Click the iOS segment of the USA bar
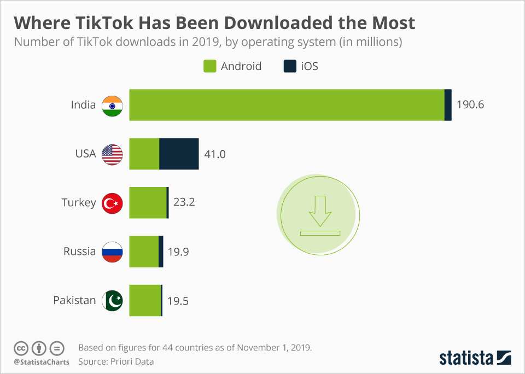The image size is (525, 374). tap(179, 154)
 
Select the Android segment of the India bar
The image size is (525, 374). tap(287, 104)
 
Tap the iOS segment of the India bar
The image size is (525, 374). tap(448, 104)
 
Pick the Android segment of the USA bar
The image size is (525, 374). tap(144, 154)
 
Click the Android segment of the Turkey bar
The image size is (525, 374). tap(148, 202)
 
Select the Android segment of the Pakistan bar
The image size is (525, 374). tap(145, 300)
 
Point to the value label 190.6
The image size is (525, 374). tap(470, 104)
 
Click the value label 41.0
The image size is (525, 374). tap(215, 154)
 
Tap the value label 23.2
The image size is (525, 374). tap(184, 202)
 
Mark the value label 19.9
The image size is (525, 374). tap(178, 252)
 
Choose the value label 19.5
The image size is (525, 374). tap(178, 300)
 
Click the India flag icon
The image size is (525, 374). tap(113, 105)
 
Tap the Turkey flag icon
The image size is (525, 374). tap(113, 203)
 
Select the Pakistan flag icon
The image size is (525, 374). tap(113, 301)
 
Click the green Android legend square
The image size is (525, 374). tap(210, 66)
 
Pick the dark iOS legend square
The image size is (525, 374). tap(290, 66)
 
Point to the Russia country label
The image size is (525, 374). tap(80, 252)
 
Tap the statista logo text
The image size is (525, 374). tap(466, 358)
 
